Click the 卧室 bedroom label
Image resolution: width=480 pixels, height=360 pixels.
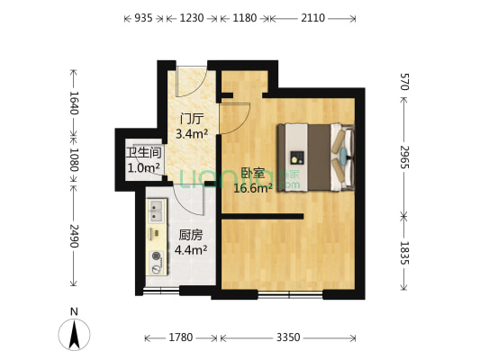pyautogui.click(x=253, y=174)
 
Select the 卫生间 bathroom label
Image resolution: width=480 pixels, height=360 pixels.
pyautogui.click(x=143, y=152)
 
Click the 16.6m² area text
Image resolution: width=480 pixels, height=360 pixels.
pyautogui.click(x=253, y=188)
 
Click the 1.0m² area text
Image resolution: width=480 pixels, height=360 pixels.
pyautogui.click(x=143, y=167)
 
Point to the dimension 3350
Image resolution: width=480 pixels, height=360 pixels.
pyautogui.click(x=287, y=337)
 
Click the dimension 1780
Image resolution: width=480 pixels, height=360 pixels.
pyautogui.click(x=181, y=337)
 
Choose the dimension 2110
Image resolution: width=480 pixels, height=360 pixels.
pyautogui.click(x=312, y=17)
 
